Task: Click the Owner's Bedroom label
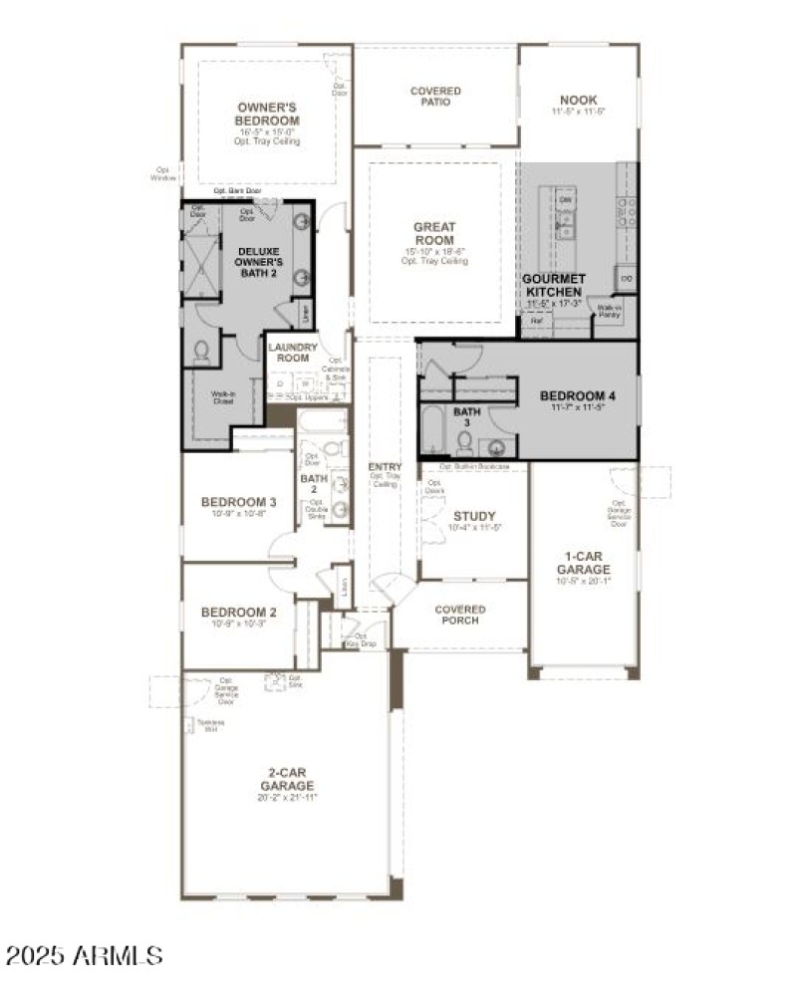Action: [268, 114]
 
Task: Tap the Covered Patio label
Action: [435, 97]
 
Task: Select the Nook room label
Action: [578, 100]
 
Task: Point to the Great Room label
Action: [434, 234]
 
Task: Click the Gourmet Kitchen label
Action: [555, 286]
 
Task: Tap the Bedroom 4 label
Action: [578, 395]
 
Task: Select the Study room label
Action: [474, 516]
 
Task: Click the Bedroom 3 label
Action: [238, 502]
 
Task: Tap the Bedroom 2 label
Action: [238, 613]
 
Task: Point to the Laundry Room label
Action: [293, 352]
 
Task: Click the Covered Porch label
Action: [460, 615]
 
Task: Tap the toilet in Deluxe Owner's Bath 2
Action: [200, 352]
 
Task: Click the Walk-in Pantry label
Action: [610, 311]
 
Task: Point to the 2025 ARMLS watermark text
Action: [84, 956]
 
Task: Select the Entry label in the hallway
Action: [385, 467]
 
